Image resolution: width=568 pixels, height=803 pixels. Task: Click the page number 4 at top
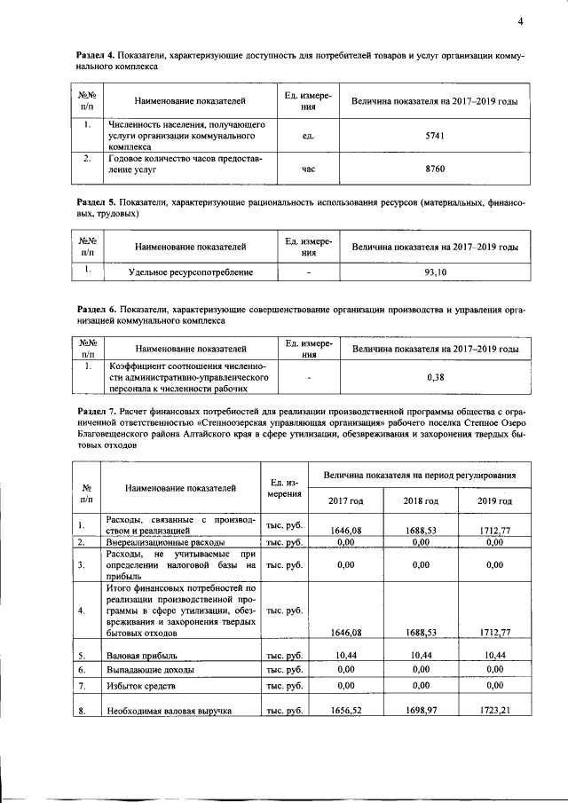click(521, 21)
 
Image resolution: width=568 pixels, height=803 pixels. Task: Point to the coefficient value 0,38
click(435, 377)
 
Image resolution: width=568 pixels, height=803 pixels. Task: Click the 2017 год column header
click(345, 501)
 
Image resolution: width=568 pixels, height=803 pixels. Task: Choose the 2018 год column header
click(421, 501)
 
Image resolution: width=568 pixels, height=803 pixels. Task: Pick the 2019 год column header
click(493, 501)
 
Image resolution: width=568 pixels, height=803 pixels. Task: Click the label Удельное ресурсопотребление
click(191, 272)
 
